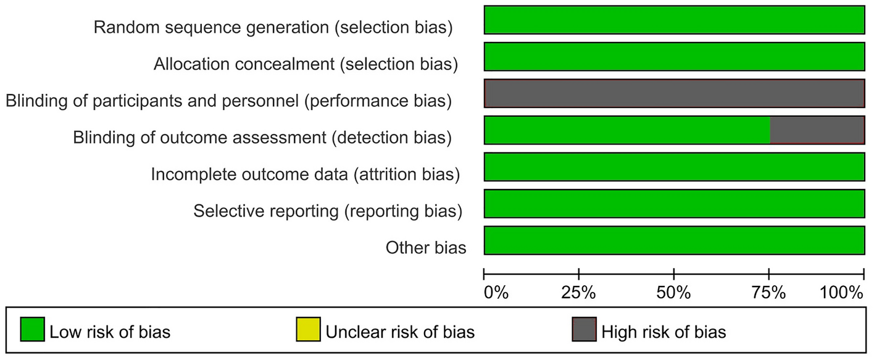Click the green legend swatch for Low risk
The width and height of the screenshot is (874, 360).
coord(32,332)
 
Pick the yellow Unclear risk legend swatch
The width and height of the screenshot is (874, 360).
coord(308,332)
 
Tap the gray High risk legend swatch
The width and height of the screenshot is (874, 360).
coord(584,332)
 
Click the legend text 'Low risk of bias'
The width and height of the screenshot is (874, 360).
coord(110,332)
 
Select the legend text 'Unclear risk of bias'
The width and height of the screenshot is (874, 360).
coord(400,332)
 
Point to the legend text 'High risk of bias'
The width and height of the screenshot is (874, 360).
coord(664,332)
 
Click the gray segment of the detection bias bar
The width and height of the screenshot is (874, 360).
coord(817,130)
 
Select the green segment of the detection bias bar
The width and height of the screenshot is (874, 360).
coord(627,130)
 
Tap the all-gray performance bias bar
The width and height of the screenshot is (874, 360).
coord(674,93)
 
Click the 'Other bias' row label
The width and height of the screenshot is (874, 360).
coord(426,248)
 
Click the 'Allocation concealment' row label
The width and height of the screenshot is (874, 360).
coord(306,64)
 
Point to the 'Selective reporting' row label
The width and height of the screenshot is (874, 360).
coord(328,211)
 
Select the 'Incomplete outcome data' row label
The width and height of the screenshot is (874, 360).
coord(306,175)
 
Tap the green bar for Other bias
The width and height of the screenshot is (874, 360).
coord(674,241)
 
